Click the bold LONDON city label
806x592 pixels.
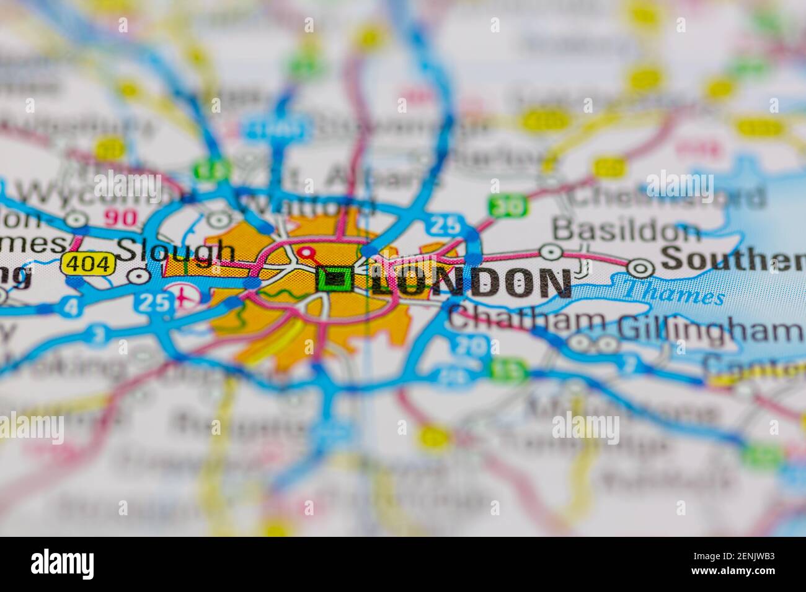click(471, 282)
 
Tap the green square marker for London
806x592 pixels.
click(335, 280)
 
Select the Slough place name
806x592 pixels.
click(177, 251)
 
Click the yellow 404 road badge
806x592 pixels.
click(89, 264)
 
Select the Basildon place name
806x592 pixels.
click(626, 230)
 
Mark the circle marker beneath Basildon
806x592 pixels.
click(551, 252)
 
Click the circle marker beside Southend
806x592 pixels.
click(640, 267)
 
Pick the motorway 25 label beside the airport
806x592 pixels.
click(149, 302)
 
